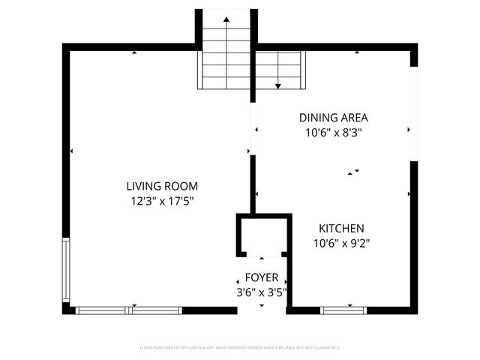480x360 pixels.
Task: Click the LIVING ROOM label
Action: pos(162,186)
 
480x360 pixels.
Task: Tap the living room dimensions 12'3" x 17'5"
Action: pos(162,200)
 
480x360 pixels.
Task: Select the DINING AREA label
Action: pos(333,118)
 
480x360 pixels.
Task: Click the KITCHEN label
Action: pos(341,228)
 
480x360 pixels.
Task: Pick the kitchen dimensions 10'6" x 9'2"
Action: pos(341,242)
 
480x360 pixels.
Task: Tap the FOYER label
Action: pos(261,277)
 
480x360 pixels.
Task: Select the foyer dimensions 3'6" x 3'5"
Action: pos(261,292)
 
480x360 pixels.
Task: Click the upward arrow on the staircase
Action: pos(226,19)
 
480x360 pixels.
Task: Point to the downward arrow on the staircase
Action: pos(278,86)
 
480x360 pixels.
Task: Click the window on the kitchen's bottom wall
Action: pos(343,310)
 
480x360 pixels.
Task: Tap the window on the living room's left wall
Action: pos(66,270)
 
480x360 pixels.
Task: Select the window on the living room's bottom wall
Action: pos(129,310)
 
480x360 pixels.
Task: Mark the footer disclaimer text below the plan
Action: pos(240,348)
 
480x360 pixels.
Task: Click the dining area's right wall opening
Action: pos(413,113)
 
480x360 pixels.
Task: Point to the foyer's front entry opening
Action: pos(262,310)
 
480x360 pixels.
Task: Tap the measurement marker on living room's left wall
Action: pos(70,151)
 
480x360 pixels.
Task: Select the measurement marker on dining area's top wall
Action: pos(357,52)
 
